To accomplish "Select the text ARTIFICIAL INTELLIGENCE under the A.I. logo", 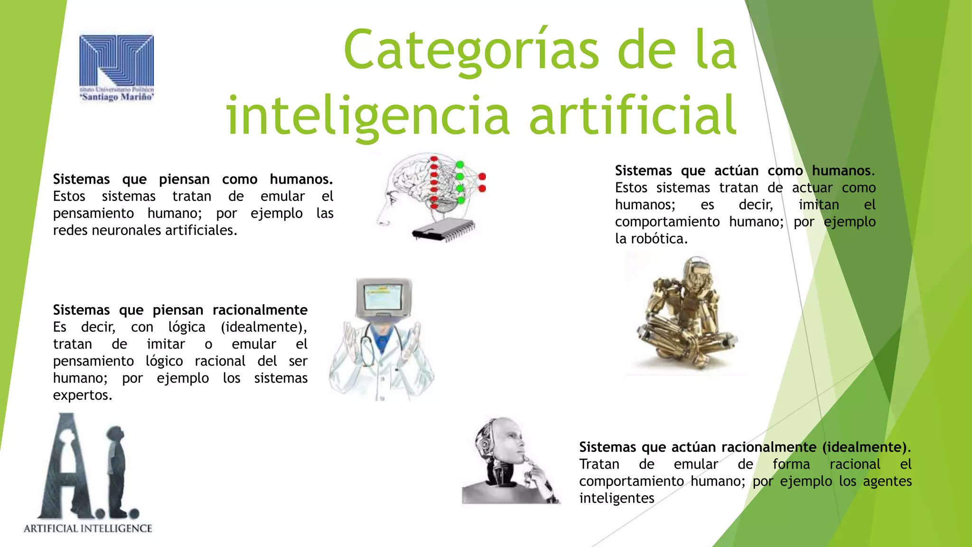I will pyautogui.click(x=88, y=528).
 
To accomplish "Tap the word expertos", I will pyautogui.click(x=83, y=395).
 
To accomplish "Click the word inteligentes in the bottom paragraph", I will pyautogui.click(x=617, y=499).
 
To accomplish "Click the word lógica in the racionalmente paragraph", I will pyautogui.click(x=187, y=328).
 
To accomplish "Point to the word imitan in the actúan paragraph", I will pyautogui.click(x=819, y=205).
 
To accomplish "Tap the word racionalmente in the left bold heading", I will pyautogui.click(x=260, y=310).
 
